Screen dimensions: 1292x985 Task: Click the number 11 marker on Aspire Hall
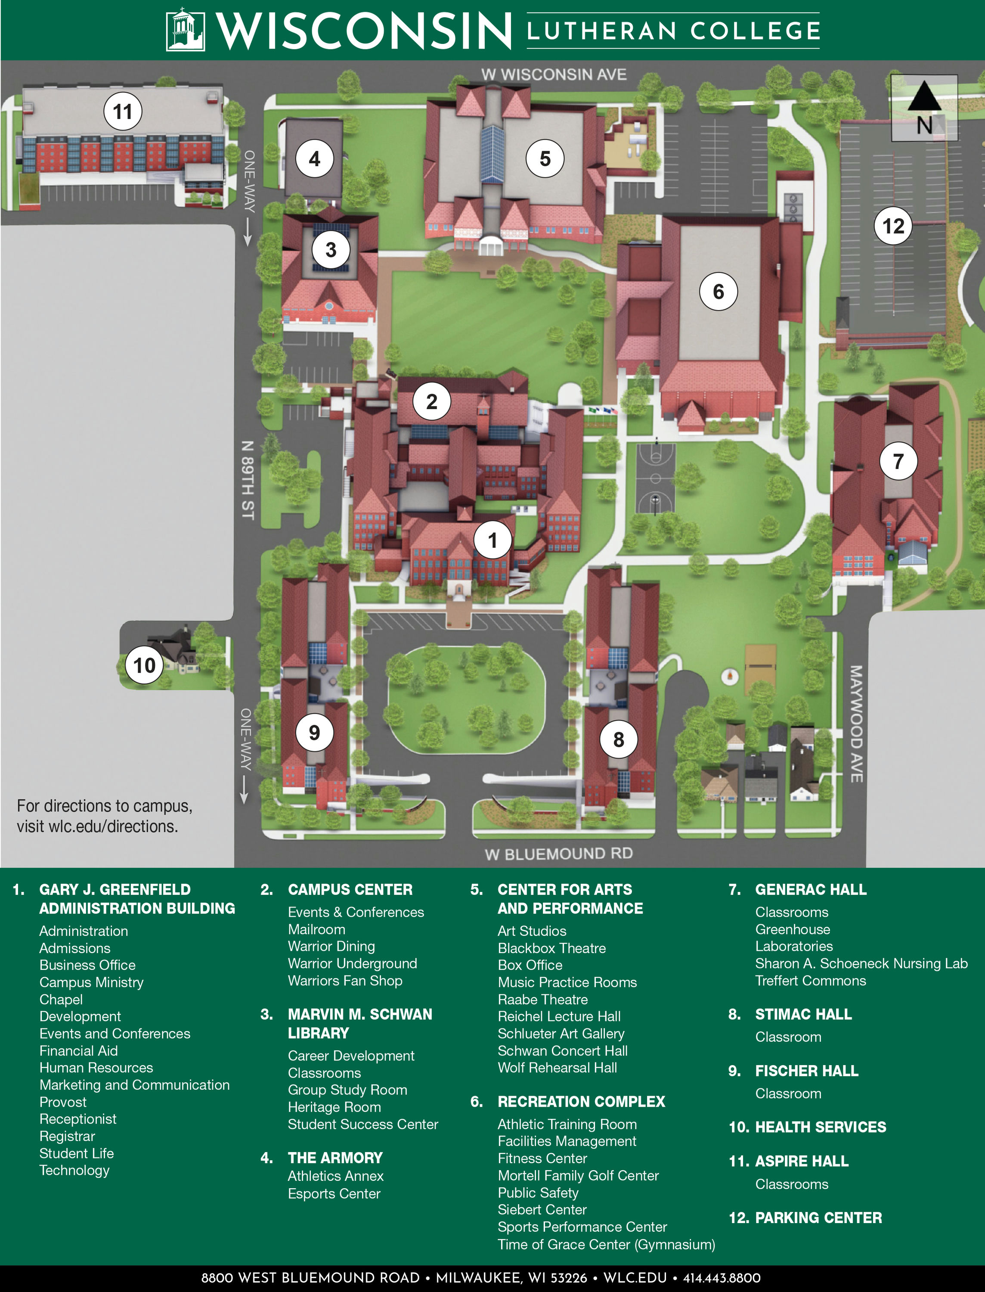(x=123, y=112)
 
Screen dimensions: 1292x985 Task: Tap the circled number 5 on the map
(x=545, y=158)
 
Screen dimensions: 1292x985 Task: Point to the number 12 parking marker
(x=893, y=226)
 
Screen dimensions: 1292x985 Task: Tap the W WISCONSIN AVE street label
(x=554, y=75)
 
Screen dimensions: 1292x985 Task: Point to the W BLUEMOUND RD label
(x=558, y=853)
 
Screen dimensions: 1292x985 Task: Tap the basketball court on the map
(x=656, y=478)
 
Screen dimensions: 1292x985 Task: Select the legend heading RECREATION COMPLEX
(x=581, y=1101)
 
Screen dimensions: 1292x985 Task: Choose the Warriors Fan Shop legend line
(x=345, y=981)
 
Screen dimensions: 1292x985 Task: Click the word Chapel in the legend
(x=61, y=999)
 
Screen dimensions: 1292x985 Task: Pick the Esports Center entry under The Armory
(x=334, y=1193)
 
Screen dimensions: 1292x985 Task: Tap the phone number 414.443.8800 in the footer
(x=722, y=1278)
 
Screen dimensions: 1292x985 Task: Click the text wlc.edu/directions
(x=97, y=826)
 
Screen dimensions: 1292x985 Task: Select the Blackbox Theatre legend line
(x=552, y=948)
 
